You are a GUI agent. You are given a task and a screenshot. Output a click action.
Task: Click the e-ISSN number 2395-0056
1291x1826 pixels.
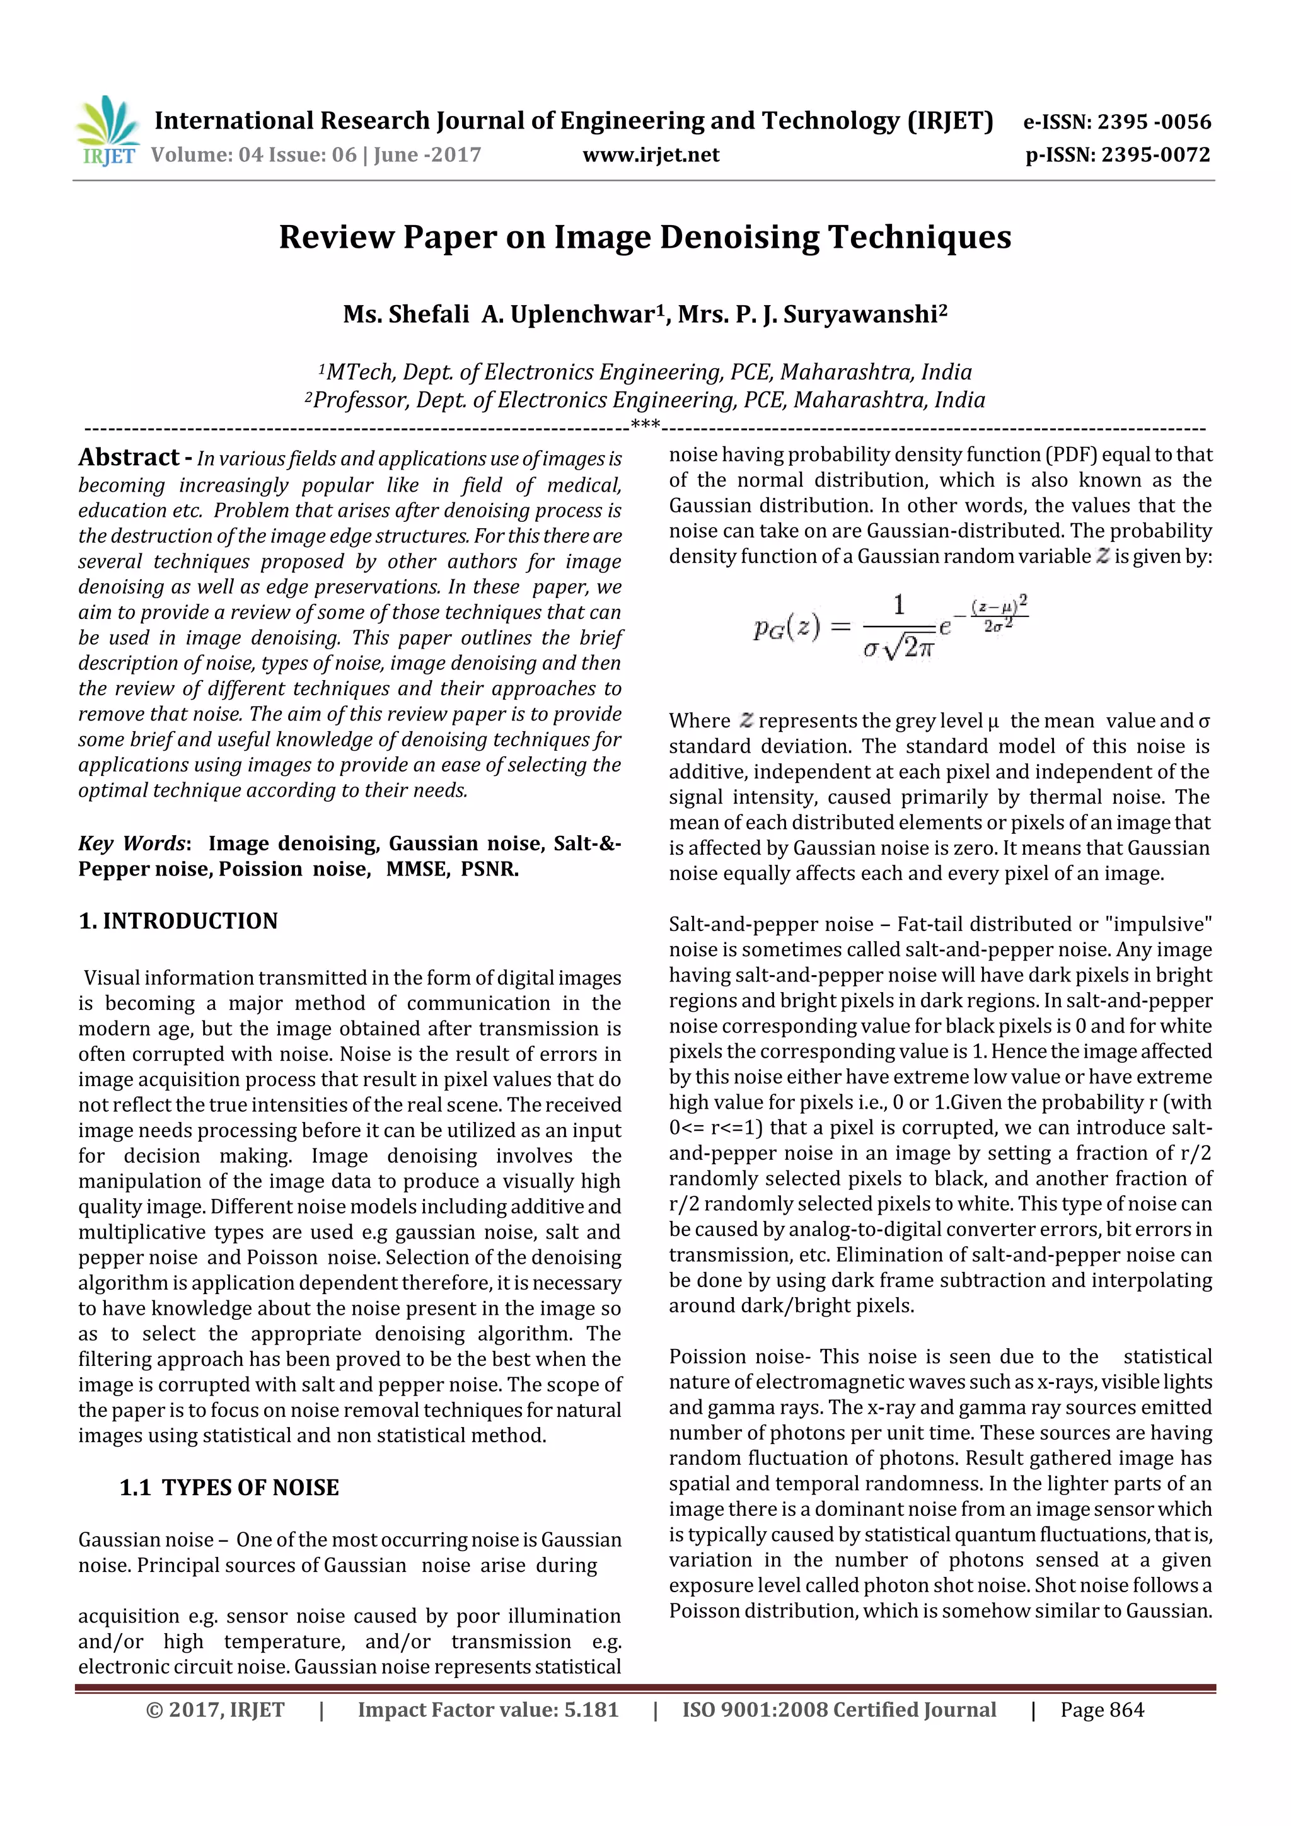tap(1154, 122)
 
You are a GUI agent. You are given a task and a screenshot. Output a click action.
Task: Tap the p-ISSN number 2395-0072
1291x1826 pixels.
tap(1155, 154)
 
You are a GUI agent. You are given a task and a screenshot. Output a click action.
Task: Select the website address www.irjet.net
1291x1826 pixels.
tap(651, 154)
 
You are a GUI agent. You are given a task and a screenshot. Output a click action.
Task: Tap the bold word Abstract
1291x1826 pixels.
tap(129, 458)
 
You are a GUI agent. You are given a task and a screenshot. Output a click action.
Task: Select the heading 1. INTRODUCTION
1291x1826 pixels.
tap(178, 921)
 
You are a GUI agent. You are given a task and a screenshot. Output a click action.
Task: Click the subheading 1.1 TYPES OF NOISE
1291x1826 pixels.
tap(229, 1487)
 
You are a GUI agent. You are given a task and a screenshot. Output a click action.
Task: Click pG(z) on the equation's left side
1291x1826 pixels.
tap(786, 628)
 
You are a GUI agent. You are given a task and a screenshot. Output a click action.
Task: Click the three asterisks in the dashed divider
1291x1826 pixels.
tap(645, 425)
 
